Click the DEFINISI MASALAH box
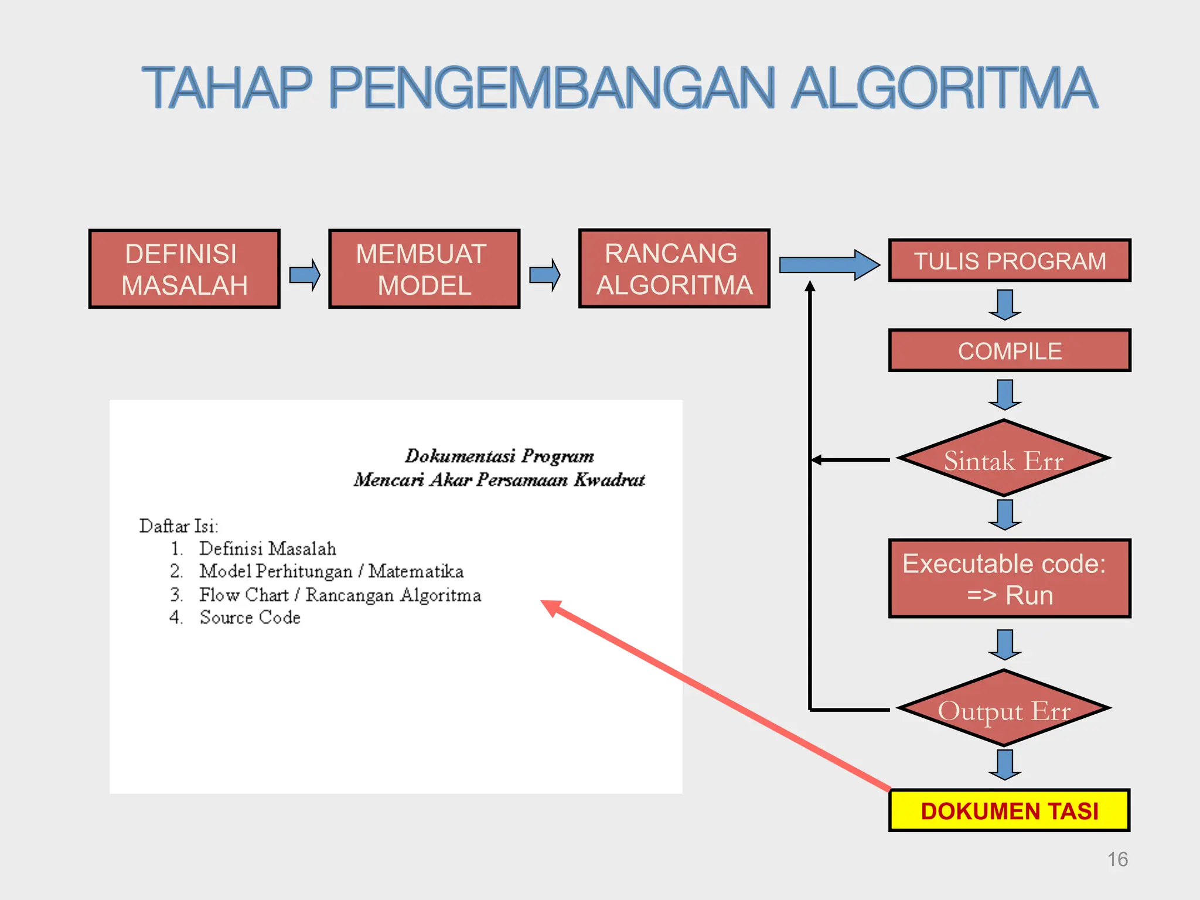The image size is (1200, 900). [184, 269]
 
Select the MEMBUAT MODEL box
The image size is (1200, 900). [424, 269]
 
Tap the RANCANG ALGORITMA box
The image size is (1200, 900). [674, 268]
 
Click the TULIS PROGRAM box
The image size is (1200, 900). [1009, 261]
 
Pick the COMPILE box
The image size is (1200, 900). [1009, 351]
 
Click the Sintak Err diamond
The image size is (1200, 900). [1003, 459]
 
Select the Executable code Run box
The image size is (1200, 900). [1009, 579]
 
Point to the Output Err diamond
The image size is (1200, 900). [1003, 710]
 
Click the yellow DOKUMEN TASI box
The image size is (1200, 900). [1009, 811]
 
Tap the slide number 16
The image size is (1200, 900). [1117, 860]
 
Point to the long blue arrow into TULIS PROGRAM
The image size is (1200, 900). [829, 265]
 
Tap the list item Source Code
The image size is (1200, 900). [250, 618]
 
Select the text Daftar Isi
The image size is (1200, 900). [178, 526]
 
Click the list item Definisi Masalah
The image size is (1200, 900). [267, 549]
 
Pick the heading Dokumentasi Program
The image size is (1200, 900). [499, 456]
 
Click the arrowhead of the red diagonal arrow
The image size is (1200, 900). [551, 607]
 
